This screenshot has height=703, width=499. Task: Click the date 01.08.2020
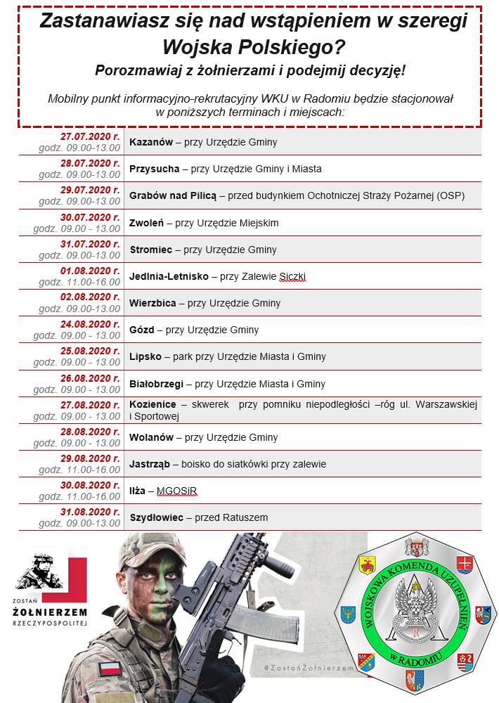90,271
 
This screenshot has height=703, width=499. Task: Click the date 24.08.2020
90,324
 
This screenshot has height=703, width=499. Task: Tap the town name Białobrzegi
156,384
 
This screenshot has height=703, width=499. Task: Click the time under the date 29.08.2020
79,470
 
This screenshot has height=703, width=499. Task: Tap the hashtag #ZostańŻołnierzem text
305,666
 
